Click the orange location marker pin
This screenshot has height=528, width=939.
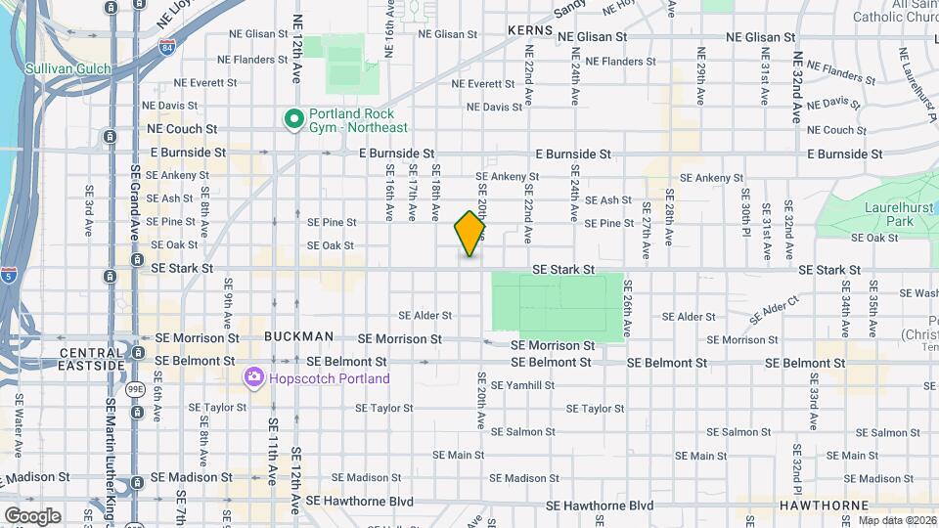[x=470, y=234]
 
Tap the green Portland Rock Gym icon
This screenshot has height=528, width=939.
[x=292, y=119]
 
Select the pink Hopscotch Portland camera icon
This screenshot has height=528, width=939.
[x=253, y=377]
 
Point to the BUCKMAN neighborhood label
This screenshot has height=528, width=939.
[x=298, y=336]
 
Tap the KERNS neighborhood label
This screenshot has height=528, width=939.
[x=531, y=31]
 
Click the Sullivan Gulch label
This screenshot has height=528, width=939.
[x=68, y=68]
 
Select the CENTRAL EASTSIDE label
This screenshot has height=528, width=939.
[x=92, y=359]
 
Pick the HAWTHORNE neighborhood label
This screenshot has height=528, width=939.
[x=819, y=506]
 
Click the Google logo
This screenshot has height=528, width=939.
[x=31, y=515]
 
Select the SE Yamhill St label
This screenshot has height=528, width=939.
[x=522, y=385]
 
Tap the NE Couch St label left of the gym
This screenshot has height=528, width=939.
[x=181, y=129]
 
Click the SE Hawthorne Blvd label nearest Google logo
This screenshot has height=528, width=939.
[x=360, y=502]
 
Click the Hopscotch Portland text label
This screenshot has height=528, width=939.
[x=330, y=378]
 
